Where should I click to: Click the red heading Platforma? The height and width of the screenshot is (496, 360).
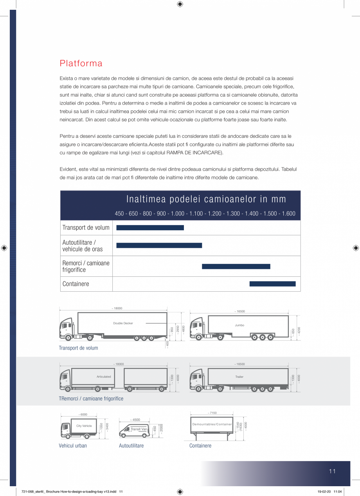click(x=81, y=63)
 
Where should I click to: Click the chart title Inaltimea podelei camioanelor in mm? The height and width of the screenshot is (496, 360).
click(x=206, y=199)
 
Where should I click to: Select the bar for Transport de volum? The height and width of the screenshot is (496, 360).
click(x=150, y=228)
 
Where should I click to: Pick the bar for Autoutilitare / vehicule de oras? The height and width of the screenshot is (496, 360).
click(x=159, y=245)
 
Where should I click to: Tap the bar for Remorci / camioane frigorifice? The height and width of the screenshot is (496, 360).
click(x=236, y=267)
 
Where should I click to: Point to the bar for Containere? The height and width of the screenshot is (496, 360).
click(x=272, y=284)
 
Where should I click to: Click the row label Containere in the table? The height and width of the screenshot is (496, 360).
click(x=76, y=284)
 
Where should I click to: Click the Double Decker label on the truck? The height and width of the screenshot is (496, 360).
click(x=123, y=323)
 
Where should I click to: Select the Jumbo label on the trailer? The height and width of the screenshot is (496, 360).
click(x=239, y=325)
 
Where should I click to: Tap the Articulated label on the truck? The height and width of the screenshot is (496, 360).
click(x=104, y=377)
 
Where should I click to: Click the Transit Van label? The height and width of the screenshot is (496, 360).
click(x=139, y=429)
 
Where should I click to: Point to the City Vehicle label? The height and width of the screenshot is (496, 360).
click(x=84, y=426)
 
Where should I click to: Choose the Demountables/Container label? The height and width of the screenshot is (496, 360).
click(x=212, y=424)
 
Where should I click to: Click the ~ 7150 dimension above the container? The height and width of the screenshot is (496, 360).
click(x=212, y=413)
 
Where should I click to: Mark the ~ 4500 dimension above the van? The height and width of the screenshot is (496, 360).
click(x=135, y=420)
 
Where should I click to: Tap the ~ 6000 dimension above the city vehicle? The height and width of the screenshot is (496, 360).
click(x=83, y=415)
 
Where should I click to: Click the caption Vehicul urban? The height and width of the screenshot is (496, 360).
click(x=73, y=445)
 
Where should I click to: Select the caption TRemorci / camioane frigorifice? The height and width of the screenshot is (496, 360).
click(x=91, y=399)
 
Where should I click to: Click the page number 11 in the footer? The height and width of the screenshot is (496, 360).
click(x=332, y=471)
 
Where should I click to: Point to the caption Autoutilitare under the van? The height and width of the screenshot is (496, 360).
click(x=131, y=445)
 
